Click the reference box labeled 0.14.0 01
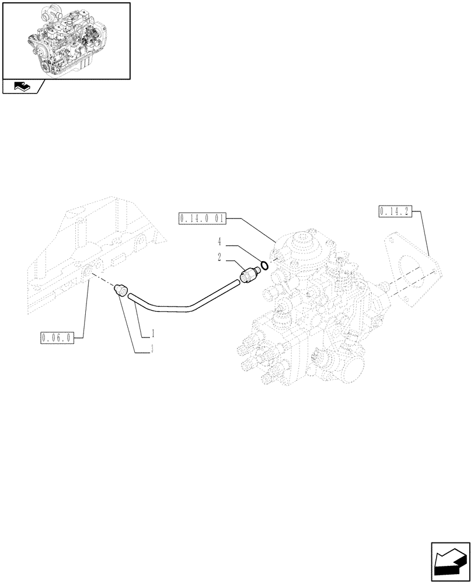pos(200,219)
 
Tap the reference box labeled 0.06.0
pos(57,338)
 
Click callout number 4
pos(220,240)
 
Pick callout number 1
pos(152,333)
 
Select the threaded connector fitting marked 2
pos(250,274)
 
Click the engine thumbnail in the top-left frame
pos(66,40)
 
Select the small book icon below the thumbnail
pos(20,87)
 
